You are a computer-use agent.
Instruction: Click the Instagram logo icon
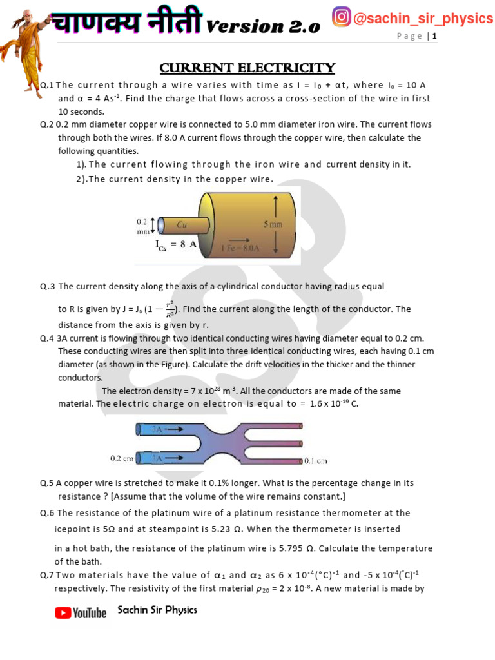pyautogui.click(x=341, y=17)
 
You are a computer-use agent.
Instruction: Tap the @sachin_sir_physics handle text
pyautogui.click(x=423, y=18)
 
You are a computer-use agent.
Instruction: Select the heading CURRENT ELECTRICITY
pyautogui.click(x=247, y=68)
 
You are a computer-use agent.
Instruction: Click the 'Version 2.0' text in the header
pyautogui.click(x=263, y=26)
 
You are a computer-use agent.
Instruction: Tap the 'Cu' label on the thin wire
pyautogui.click(x=182, y=225)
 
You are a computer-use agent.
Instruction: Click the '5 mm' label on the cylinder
pyautogui.click(x=273, y=224)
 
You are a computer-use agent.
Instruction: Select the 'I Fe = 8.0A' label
pyautogui.click(x=240, y=247)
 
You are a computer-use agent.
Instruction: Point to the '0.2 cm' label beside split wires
pyautogui.click(x=122, y=458)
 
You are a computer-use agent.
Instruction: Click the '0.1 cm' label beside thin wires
pyautogui.click(x=316, y=461)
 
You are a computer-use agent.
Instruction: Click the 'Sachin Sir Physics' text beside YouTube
pyautogui.click(x=157, y=610)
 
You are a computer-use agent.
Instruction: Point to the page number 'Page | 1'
pyautogui.click(x=417, y=36)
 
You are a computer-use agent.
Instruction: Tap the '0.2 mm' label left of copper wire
pyautogui.click(x=142, y=226)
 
